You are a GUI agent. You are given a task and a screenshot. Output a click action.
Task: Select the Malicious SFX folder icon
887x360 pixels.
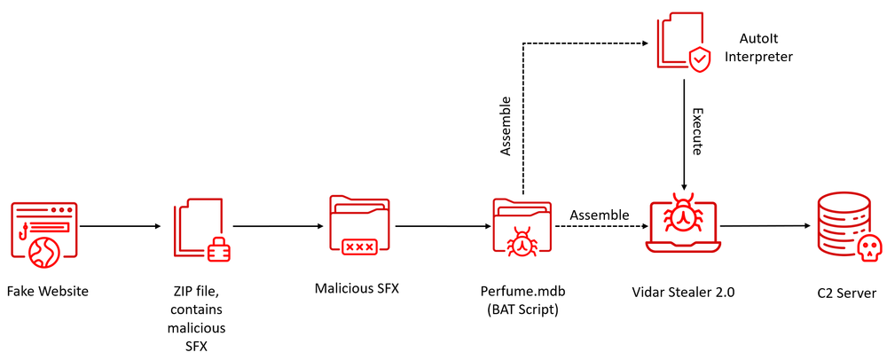[358, 227]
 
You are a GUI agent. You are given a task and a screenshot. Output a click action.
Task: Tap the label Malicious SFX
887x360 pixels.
[357, 287]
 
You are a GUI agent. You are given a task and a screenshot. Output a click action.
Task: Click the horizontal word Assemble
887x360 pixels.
[599, 215]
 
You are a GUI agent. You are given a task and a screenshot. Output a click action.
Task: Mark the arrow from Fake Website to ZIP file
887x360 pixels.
[120, 227]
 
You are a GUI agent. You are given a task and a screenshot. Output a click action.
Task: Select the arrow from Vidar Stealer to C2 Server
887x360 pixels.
[765, 226]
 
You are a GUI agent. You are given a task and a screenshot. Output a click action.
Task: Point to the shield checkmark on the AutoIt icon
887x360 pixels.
[701, 59]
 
